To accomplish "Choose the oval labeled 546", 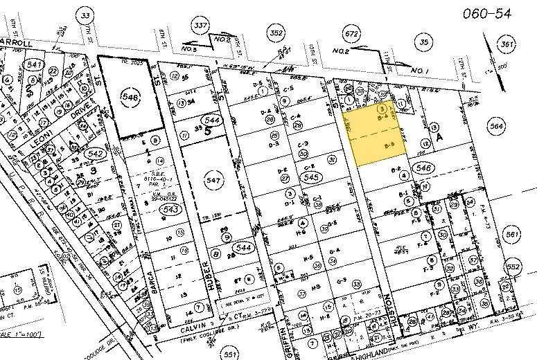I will pos(422,168).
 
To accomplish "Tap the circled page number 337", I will pos(200,26).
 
